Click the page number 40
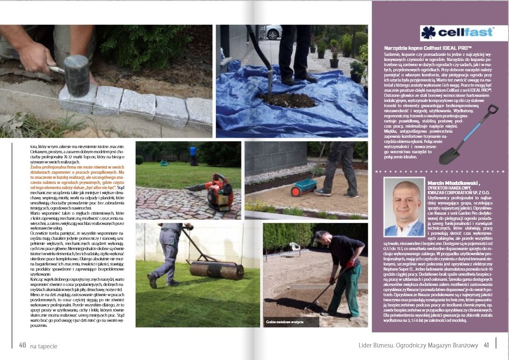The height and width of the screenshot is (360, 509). (x=22, y=345)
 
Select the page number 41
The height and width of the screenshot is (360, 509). (x=486, y=345)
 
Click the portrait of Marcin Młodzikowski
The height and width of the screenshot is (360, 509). (x=403, y=206)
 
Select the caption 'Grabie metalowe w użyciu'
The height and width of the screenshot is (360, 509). (x=284, y=322)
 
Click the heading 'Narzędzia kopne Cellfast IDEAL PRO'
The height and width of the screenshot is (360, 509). (x=428, y=48)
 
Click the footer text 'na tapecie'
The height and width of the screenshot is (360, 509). (x=43, y=346)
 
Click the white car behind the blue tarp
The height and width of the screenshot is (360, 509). (x=274, y=32)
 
